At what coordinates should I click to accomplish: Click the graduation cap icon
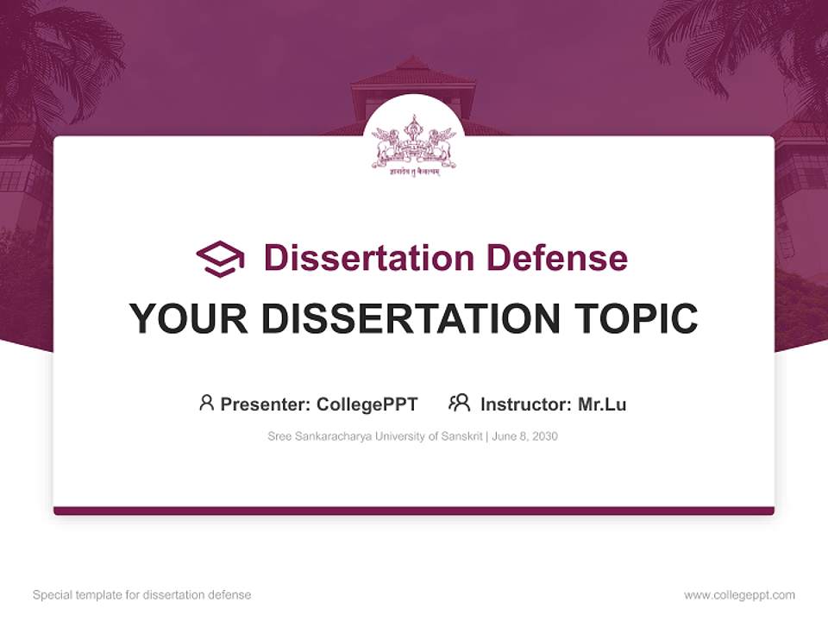coord(220,258)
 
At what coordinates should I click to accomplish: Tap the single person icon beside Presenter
coord(206,403)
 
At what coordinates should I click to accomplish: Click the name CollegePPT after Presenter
coord(367,405)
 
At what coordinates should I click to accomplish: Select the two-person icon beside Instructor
coord(459,403)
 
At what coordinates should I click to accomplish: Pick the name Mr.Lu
coord(602,405)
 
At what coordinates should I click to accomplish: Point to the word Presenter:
coord(266,405)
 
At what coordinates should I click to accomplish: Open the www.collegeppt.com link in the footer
coord(739,595)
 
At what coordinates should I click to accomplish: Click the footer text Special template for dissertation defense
coord(142,595)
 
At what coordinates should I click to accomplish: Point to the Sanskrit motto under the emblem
coord(414,171)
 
